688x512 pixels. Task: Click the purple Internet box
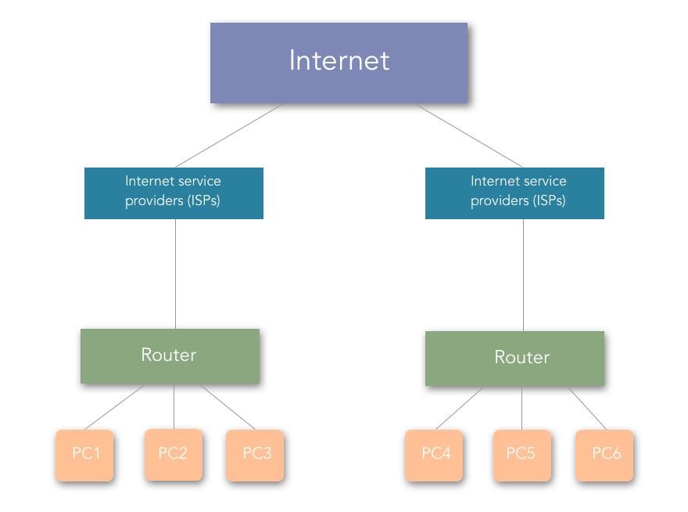coord(339,63)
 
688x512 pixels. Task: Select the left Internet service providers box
coord(174,193)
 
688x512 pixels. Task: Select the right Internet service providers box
coord(514,193)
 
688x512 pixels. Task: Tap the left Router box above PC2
coord(170,356)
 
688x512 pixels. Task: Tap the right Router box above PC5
coord(514,359)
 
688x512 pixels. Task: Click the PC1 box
coord(84,456)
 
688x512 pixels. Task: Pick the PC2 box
coord(174,455)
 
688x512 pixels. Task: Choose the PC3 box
coord(255,456)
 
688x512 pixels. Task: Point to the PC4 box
coord(434,456)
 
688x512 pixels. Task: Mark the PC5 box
coord(522,456)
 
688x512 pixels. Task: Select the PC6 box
coord(604,456)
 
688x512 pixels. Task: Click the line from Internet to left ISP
coord(228,135)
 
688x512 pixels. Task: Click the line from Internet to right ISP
coord(470,135)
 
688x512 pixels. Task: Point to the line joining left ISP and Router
coord(175,274)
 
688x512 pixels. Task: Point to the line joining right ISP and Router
coord(524,275)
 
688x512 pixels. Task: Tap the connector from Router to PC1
coord(114,407)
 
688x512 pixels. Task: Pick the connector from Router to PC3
coord(228,407)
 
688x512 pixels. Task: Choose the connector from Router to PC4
coord(460,409)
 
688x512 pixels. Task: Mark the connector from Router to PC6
coord(587,409)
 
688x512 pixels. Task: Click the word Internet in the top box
coord(339,60)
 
